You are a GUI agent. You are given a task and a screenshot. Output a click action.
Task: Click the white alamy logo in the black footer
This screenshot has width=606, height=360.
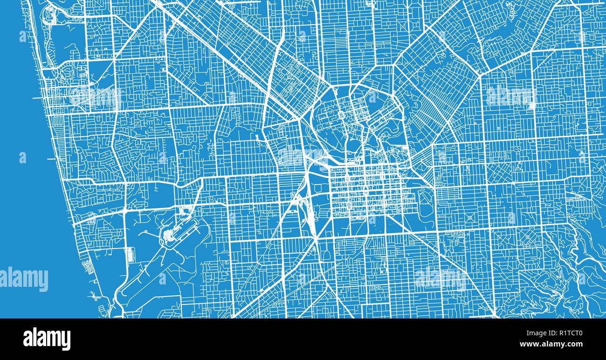tap(47, 339)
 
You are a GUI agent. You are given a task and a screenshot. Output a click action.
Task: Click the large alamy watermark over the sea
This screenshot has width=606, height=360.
tap(24, 279)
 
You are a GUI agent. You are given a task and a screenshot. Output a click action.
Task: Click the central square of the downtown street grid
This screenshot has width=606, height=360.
tap(366, 191)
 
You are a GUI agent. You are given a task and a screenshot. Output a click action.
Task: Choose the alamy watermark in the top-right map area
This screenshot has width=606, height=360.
tap(510, 97)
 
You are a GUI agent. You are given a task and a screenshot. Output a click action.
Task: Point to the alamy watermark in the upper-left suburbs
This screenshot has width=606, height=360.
tap(96, 97)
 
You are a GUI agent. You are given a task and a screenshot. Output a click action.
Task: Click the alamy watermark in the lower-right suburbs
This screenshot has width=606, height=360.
tap(440, 278)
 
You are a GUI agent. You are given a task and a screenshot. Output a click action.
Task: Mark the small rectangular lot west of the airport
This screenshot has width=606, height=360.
tap(130, 255)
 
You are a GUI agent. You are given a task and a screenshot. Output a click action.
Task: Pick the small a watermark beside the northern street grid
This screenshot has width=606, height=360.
tap(372, 97)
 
